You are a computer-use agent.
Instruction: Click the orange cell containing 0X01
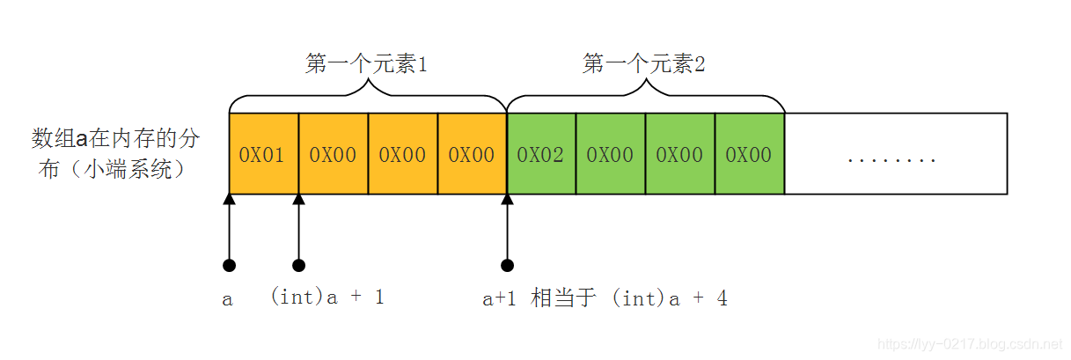(262, 154)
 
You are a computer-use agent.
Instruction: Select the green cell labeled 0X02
(540, 154)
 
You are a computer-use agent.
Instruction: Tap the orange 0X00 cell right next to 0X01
(333, 154)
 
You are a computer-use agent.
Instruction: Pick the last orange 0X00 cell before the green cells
(472, 154)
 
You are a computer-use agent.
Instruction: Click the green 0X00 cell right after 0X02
(610, 154)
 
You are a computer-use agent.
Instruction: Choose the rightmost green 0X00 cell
(749, 154)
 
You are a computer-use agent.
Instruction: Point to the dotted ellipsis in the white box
(891, 159)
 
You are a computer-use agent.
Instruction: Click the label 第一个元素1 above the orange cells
(366, 64)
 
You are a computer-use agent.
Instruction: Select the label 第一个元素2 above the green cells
(644, 64)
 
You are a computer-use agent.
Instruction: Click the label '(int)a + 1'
(327, 298)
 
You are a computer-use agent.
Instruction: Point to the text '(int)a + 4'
(670, 298)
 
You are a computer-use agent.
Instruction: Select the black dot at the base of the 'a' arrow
(230, 265)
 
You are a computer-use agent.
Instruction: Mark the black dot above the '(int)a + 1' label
(299, 265)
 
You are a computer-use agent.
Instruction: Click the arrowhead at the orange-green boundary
(507, 201)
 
